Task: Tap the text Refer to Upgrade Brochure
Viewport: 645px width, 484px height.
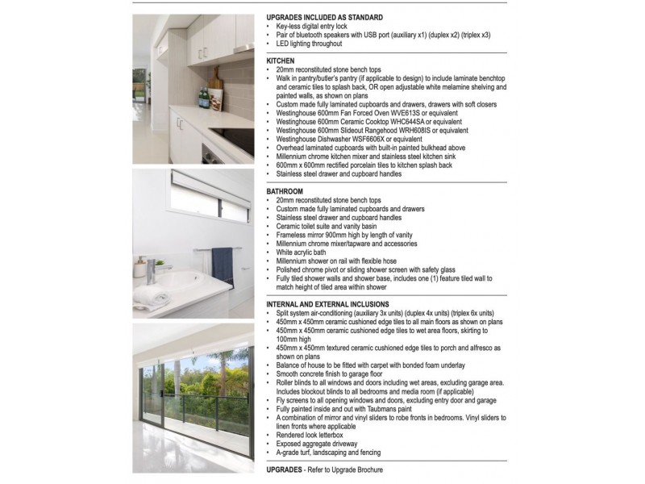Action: tap(344, 469)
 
